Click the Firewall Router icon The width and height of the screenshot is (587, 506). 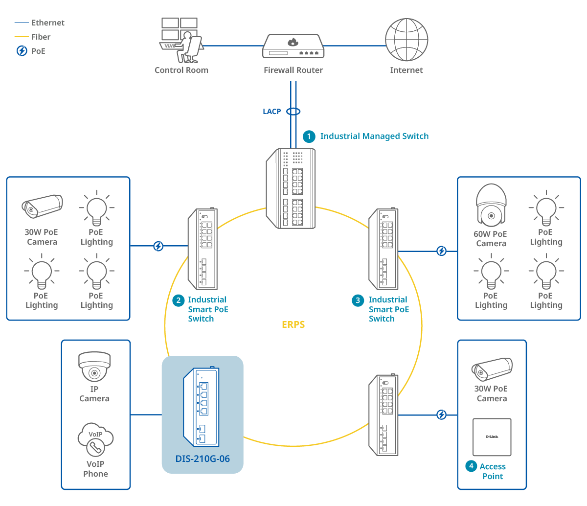tap(293, 47)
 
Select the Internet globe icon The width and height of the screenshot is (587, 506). tap(406, 40)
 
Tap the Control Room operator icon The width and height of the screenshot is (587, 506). tap(181, 41)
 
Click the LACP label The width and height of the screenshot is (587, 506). tap(272, 112)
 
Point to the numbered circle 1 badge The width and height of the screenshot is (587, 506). tap(309, 137)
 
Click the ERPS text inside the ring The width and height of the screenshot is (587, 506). tap(293, 324)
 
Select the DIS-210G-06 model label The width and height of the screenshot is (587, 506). tap(203, 459)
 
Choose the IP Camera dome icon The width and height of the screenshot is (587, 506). tap(94, 367)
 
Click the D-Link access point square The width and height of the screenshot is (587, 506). tap(492, 437)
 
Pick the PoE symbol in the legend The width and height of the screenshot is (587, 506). tap(22, 51)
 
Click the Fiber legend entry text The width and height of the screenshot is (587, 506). tap(41, 37)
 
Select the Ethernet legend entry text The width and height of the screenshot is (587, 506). tap(47, 23)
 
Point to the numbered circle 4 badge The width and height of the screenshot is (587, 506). tap(471, 466)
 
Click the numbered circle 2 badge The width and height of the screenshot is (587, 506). tap(179, 300)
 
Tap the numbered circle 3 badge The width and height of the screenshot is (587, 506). tap(358, 300)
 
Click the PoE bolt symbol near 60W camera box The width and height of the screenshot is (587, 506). tap(441, 251)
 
